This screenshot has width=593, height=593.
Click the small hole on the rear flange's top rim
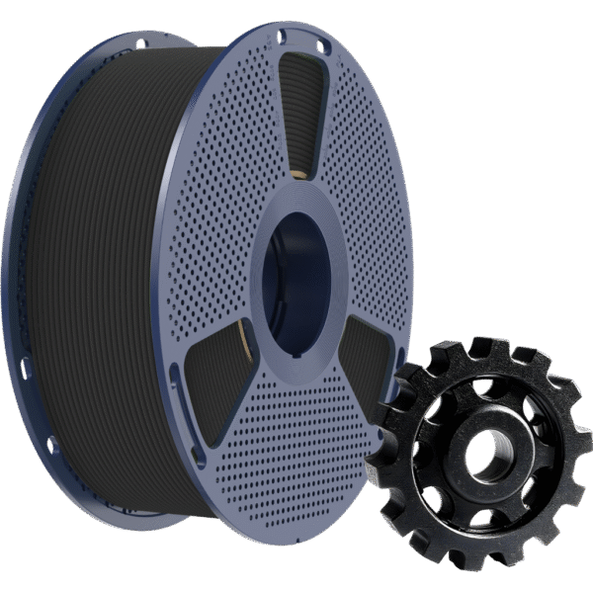pyautogui.click(x=139, y=43)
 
